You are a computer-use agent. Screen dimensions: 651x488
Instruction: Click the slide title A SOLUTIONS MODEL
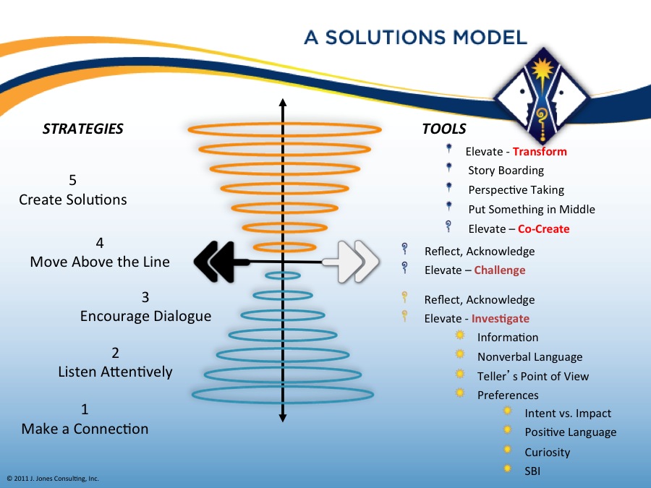[x=416, y=38]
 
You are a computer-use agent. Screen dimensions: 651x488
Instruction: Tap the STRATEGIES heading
[x=83, y=129]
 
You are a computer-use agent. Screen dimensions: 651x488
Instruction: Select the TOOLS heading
[x=444, y=129]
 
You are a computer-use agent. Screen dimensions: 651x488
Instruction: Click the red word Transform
[x=540, y=152]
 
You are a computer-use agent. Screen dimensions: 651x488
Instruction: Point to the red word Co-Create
[x=544, y=229]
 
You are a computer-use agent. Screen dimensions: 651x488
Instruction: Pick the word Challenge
[x=500, y=270]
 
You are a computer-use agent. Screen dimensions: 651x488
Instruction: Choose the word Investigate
[x=501, y=319]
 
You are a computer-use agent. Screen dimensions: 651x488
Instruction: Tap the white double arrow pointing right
[x=351, y=262]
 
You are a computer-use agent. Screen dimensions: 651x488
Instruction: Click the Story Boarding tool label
[x=506, y=171]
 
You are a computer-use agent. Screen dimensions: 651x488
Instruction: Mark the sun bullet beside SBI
[x=507, y=469]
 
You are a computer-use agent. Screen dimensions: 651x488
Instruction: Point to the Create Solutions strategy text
[x=73, y=200]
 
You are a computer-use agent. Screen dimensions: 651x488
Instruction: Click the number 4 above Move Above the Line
[x=100, y=243]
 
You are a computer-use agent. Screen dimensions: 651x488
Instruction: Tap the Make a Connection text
[x=85, y=429]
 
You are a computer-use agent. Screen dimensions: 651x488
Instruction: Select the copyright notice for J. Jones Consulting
[x=53, y=479]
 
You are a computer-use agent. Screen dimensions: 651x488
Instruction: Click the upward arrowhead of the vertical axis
[x=283, y=103]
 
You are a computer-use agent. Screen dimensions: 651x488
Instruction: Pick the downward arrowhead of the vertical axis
[x=283, y=418]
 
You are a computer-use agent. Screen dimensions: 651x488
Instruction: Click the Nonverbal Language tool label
[x=529, y=357]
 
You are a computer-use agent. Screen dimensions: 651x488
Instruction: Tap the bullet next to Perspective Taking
[x=448, y=187]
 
